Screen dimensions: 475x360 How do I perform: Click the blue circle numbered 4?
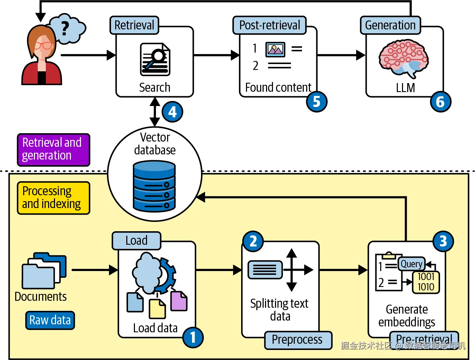173,112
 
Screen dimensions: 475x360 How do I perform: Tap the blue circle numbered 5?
317,101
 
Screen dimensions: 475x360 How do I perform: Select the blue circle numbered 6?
440,101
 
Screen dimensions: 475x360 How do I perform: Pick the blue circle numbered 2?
253,241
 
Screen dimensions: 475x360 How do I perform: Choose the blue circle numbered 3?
443,241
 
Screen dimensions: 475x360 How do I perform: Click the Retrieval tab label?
134,25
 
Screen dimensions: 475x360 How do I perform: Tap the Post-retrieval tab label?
270,25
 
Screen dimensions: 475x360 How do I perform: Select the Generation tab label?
390,25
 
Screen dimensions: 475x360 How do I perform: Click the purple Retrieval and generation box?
54,150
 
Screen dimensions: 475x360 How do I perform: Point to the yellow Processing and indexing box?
54,198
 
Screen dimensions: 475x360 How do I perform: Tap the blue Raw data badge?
50,320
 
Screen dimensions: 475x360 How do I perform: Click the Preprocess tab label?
298,340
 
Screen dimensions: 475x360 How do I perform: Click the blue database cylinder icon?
154,186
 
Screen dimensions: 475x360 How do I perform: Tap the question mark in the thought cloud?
65,28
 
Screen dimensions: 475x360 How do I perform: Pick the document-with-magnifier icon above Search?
155,59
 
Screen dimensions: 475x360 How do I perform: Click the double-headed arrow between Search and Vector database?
155,112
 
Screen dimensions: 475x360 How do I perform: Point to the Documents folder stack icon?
44,271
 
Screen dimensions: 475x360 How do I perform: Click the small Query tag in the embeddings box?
412,264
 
